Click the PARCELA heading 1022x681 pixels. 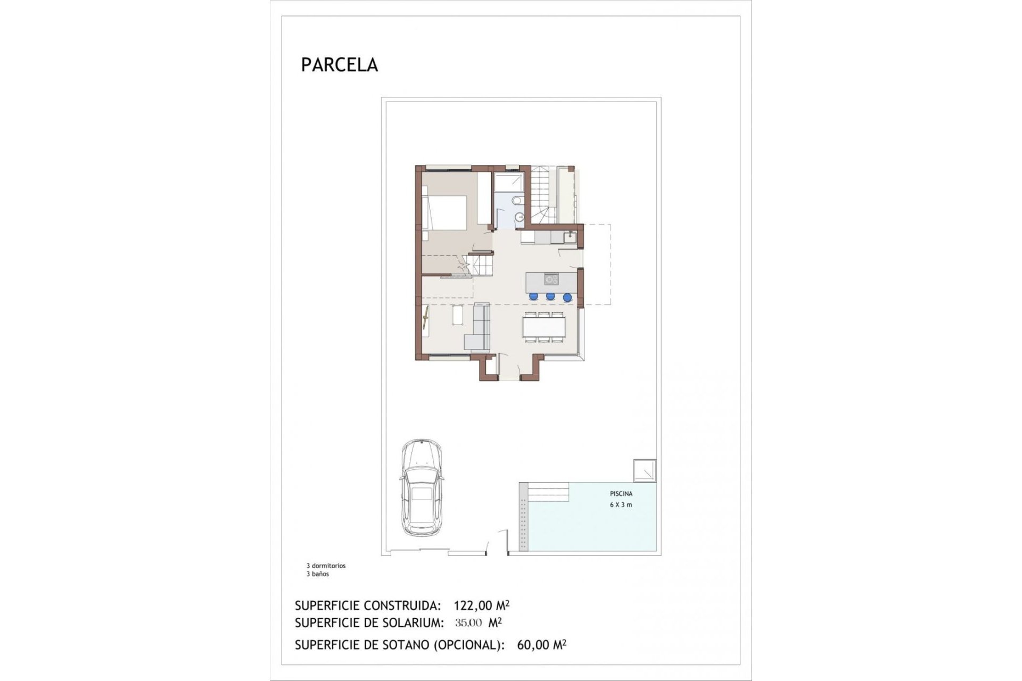tap(339, 65)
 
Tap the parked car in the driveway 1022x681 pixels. tap(421, 488)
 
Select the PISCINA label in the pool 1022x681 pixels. tap(621, 494)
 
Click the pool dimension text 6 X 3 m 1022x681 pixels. tap(621, 504)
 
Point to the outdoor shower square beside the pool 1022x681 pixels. tap(644, 471)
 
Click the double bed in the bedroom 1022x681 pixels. tap(444, 212)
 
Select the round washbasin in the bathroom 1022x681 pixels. tap(520, 217)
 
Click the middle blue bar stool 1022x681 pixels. tap(550, 296)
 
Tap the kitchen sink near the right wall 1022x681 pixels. tap(570, 237)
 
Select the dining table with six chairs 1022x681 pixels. tap(544, 326)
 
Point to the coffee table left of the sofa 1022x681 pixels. tap(458, 315)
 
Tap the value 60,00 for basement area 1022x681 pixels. tap(533, 645)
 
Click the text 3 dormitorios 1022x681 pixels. tap(326, 566)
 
